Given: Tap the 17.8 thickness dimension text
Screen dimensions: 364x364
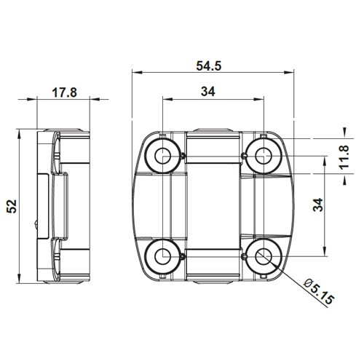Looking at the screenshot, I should pyautogui.click(x=65, y=92).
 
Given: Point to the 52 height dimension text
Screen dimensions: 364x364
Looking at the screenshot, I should pyautogui.click(x=10, y=206).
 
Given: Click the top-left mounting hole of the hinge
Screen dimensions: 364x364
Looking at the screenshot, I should pyautogui.click(x=160, y=154).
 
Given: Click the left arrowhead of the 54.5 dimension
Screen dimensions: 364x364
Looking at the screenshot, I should pyautogui.click(x=135, y=73).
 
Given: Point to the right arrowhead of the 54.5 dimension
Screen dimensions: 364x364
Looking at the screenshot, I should pyautogui.click(x=289, y=73).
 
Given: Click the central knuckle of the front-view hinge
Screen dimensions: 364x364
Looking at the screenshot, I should pyautogui.click(x=211, y=206).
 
